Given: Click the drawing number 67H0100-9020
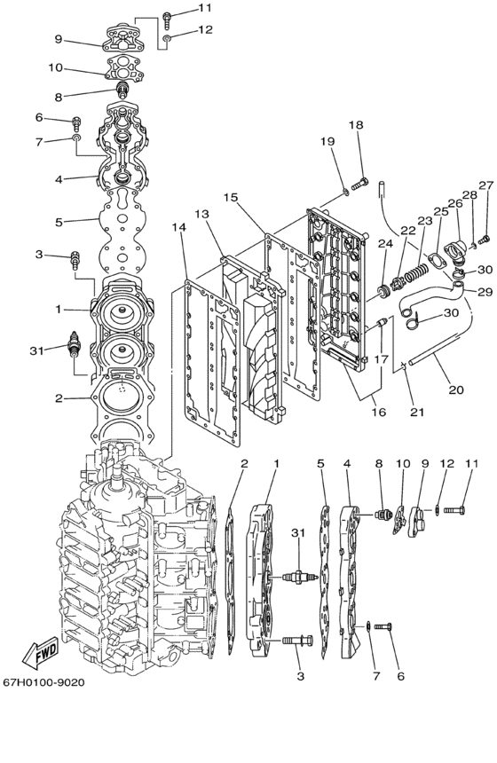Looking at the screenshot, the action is (43, 682).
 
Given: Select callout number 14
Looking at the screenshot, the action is (179, 227).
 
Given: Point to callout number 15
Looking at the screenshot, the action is (231, 197).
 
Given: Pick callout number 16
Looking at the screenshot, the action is (379, 412).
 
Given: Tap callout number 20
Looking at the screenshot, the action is (456, 389).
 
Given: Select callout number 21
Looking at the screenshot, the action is (417, 413).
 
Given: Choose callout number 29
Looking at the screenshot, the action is (485, 292).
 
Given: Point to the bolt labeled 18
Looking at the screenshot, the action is (359, 184).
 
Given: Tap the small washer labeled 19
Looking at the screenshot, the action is (345, 193).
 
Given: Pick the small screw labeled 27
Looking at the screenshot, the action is (484, 240).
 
